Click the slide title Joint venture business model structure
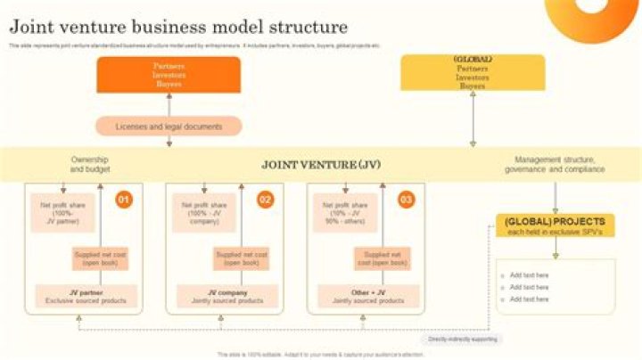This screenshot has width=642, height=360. point(178,27)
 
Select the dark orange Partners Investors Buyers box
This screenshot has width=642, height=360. point(169,75)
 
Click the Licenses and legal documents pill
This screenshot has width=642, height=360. point(169,127)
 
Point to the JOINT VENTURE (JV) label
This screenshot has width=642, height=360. point(321,165)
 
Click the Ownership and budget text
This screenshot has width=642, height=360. point(89,165)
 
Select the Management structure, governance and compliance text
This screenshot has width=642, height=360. point(555,165)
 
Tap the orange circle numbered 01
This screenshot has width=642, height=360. point(124,200)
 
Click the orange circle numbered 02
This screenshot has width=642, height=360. point(265,200)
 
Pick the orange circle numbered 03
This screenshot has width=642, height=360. point(406,200)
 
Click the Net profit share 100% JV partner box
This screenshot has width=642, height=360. point(62,213)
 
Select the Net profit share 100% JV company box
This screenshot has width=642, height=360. point(203,213)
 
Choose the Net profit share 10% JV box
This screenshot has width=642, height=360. point(344,213)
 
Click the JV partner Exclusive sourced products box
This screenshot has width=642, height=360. point(86,297)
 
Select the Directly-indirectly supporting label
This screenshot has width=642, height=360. point(462,340)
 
